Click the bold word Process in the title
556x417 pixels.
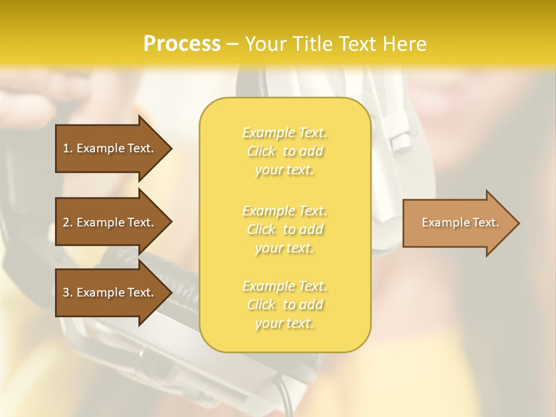click(182, 44)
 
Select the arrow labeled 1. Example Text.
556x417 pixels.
click(110, 148)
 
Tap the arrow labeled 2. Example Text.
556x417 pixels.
click(110, 222)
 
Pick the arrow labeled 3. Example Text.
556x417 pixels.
click(110, 292)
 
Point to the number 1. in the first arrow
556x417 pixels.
click(68, 148)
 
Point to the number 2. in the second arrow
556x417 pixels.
click(68, 222)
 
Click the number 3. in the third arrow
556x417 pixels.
click(68, 292)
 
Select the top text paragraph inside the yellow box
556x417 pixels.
click(284, 151)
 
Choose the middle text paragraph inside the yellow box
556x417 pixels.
click(284, 229)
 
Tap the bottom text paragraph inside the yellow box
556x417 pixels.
click(284, 305)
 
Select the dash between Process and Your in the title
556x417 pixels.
click(232, 44)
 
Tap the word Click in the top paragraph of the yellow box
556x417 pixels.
click(261, 151)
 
